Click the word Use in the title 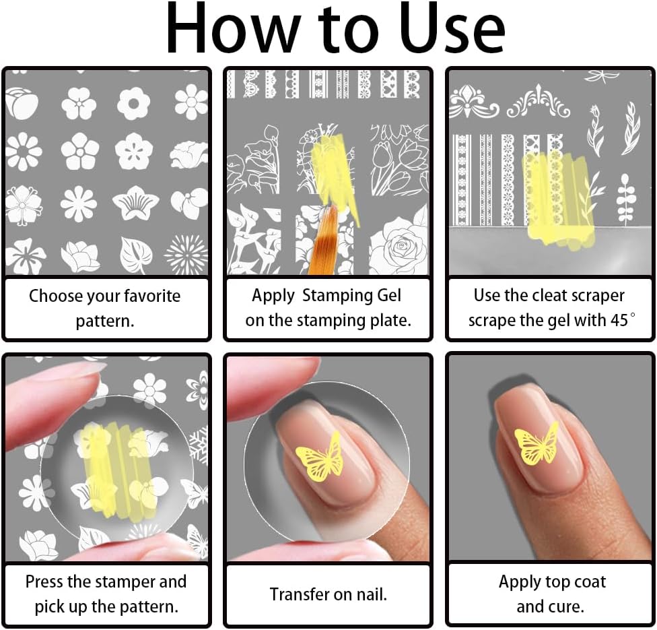(452, 28)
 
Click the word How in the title (232, 28)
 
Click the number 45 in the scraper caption (619, 321)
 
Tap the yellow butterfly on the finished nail (537, 443)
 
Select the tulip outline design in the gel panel (398, 160)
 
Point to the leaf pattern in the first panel (136, 254)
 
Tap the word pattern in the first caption (105, 321)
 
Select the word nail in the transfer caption (372, 594)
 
